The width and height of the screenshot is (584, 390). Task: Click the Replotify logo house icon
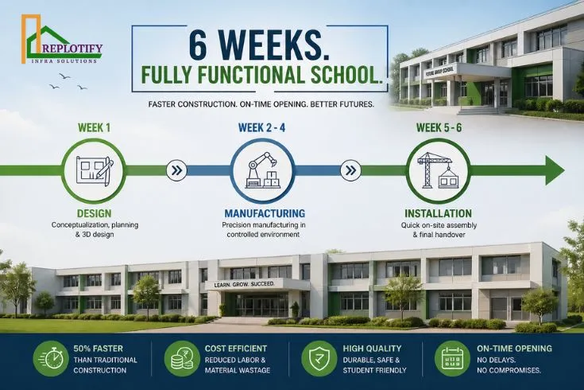[x=40, y=40]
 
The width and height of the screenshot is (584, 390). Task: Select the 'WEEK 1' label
[x=95, y=127]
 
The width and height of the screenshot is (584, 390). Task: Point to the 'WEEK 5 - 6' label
[x=439, y=127]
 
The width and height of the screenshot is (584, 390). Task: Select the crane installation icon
[x=439, y=170]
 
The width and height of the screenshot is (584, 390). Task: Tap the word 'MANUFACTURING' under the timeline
[x=265, y=213]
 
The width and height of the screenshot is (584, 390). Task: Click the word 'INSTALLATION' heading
[x=439, y=213]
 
